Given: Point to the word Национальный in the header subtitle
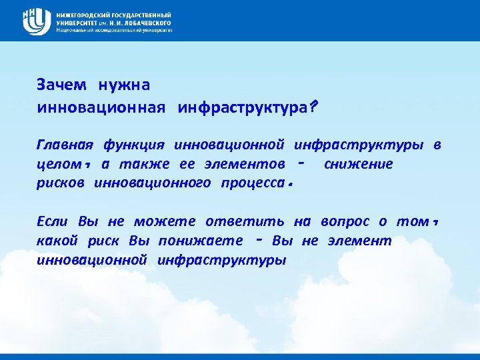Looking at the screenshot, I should click(x=75, y=30).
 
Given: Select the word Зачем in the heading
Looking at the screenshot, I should click(x=61, y=85).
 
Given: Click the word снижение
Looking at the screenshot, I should click(x=358, y=164).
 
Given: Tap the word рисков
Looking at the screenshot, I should click(x=61, y=183).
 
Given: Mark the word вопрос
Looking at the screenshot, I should click(x=345, y=221).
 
